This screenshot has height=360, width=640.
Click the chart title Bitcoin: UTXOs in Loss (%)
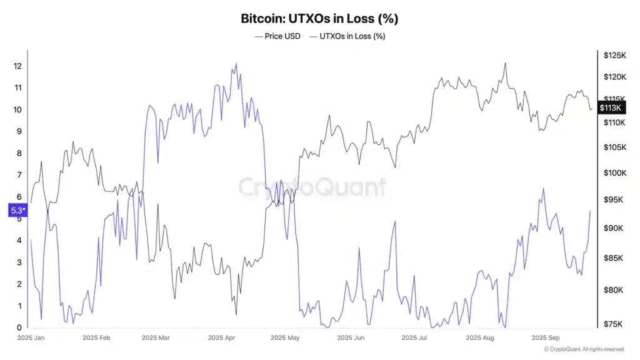point(319,19)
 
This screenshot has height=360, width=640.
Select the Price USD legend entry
point(277,36)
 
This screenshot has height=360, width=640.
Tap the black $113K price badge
point(610,108)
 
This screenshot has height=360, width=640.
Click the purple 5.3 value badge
point(17,211)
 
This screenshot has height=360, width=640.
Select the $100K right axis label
point(614,173)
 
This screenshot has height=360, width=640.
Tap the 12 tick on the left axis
point(18,66)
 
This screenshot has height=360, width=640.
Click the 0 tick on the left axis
point(18,327)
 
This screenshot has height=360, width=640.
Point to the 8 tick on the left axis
point(18,153)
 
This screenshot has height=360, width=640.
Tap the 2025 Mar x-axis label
point(156,338)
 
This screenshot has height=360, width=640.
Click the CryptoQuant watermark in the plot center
point(312,187)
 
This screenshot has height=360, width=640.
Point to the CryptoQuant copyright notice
point(584,349)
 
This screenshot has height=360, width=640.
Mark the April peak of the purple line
point(236,63)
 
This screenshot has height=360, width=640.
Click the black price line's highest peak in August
point(505,63)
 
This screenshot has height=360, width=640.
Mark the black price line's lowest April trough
point(236,314)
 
